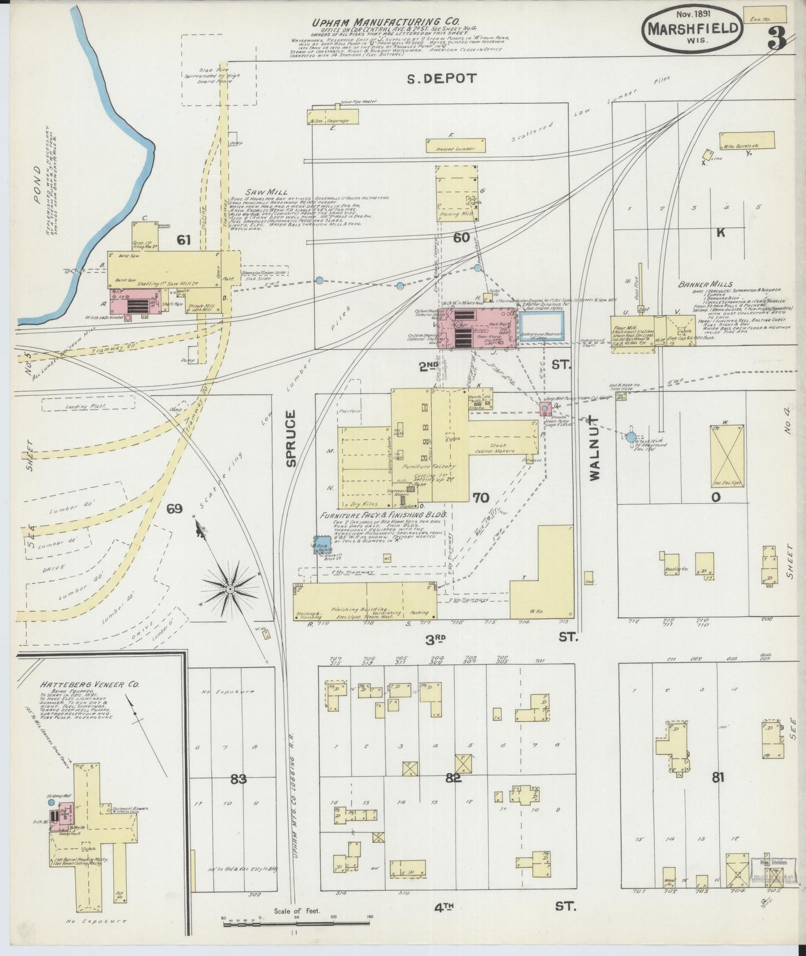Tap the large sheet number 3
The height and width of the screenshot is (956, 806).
point(776,38)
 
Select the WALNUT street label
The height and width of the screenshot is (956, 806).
point(593,449)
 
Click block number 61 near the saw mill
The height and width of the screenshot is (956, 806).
point(184,240)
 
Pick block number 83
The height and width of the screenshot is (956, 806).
point(238,779)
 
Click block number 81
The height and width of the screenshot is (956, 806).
point(718,776)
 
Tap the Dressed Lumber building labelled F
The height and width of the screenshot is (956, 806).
point(456,146)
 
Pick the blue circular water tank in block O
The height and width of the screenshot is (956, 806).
point(631,437)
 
